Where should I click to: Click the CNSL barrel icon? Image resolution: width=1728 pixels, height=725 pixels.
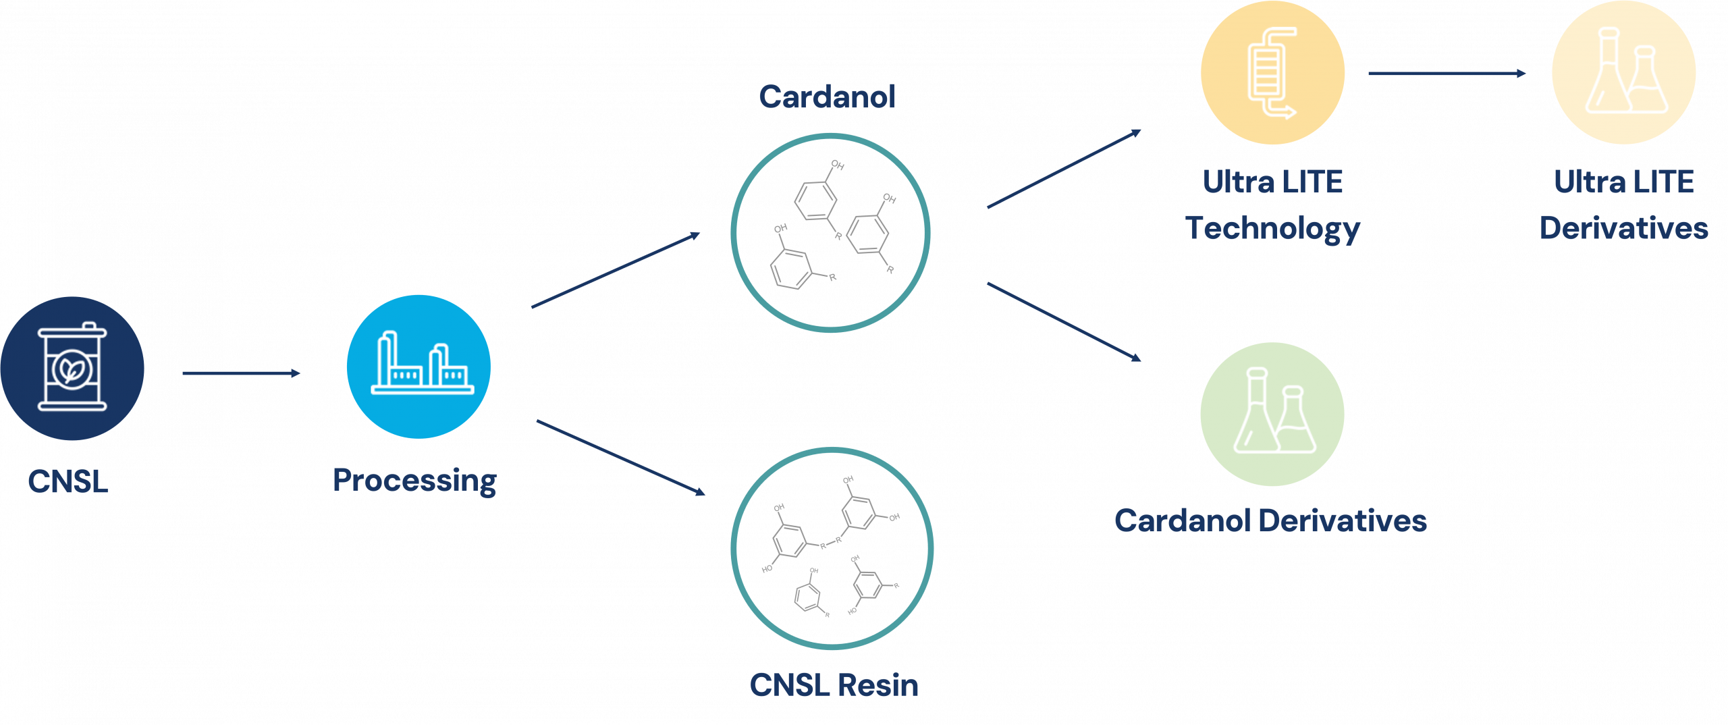72,368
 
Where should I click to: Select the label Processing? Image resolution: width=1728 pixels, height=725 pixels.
415,481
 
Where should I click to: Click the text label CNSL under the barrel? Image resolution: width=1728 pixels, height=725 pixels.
68,482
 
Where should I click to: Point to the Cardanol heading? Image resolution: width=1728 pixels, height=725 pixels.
828,97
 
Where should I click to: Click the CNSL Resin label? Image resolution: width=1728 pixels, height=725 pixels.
834,685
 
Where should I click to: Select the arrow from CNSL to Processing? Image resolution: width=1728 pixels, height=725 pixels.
241,373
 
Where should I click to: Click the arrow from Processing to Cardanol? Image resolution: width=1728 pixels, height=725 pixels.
616,271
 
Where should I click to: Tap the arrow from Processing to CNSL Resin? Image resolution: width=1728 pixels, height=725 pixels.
620,457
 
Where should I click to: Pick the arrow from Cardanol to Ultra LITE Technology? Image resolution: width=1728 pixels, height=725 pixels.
1064,169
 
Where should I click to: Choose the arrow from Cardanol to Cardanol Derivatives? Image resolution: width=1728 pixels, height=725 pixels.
1064,321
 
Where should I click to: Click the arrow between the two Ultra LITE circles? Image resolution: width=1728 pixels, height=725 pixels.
1447,73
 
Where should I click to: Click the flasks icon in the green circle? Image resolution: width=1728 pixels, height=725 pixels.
1273,413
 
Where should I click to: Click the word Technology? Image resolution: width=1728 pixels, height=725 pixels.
1273,228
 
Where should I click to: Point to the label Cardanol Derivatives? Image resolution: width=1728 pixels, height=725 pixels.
1270,521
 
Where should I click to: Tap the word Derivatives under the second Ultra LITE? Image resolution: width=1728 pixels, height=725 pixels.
1623,228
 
